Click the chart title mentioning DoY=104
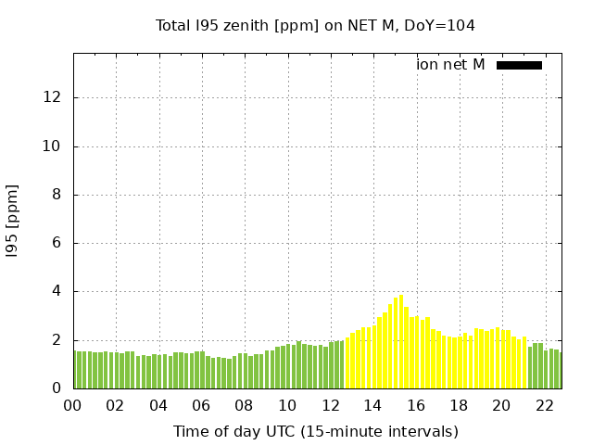click(x=315, y=25)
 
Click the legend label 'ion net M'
click(x=450, y=65)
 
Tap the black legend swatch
click(x=519, y=65)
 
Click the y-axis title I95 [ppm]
click(x=12, y=222)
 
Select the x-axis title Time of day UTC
click(x=315, y=431)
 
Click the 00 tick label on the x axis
click(x=73, y=405)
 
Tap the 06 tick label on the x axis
click(x=201, y=405)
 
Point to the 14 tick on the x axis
click(x=372, y=405)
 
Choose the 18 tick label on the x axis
click(x=458, y=405)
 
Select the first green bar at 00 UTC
click(x=77, y=370)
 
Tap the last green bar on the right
click(x=559, y=370)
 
